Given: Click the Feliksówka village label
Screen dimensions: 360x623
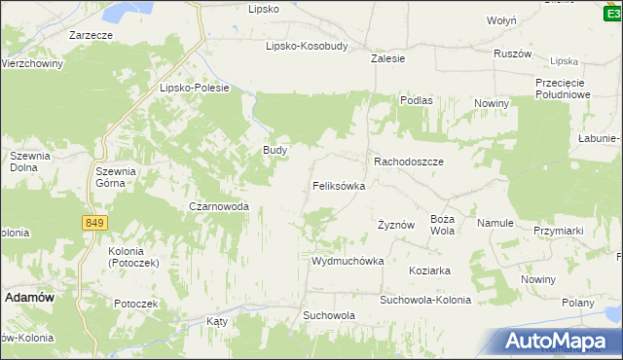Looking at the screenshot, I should (339, 185).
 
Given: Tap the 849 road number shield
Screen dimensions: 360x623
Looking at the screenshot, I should (93, 223).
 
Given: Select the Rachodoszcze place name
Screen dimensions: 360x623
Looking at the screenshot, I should (409, 162).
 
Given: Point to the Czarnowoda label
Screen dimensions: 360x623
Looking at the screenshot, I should (219, 206).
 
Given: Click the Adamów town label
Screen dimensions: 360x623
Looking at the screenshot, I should (30, 298).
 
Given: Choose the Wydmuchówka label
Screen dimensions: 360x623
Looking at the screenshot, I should (348, 262).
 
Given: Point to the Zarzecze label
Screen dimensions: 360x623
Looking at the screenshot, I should (91, 35).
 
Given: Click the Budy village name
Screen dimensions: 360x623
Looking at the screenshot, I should (275, 151).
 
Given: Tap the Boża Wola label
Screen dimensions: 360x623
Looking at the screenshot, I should (443, 225).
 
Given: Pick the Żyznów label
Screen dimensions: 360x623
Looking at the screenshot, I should (396, 225).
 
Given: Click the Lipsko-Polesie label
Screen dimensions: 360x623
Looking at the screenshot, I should (194, 88).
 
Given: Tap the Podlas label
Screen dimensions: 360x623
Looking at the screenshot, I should (416, 100).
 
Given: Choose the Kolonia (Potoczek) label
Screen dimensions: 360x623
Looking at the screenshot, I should (127, 257).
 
